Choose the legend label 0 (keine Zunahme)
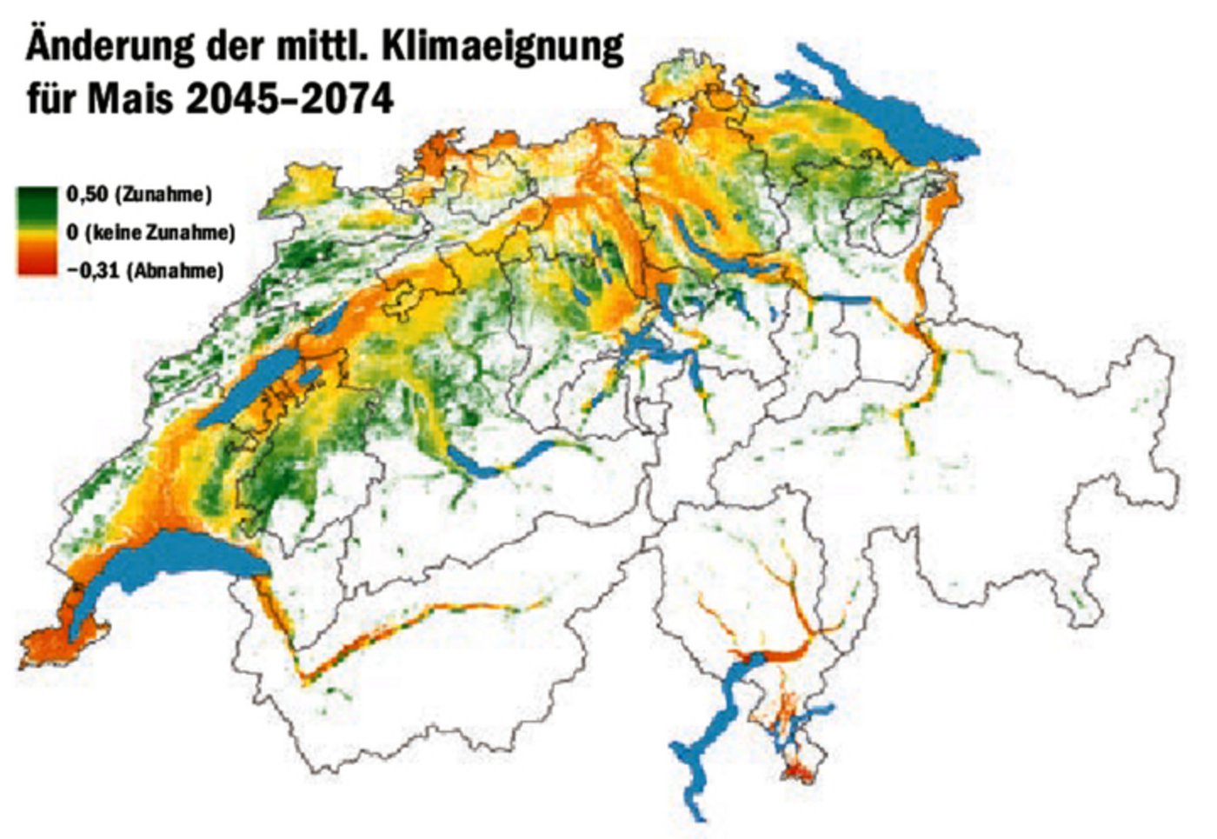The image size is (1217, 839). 150,232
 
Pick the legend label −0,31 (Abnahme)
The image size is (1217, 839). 144,270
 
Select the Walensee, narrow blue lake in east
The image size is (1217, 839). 843,300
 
